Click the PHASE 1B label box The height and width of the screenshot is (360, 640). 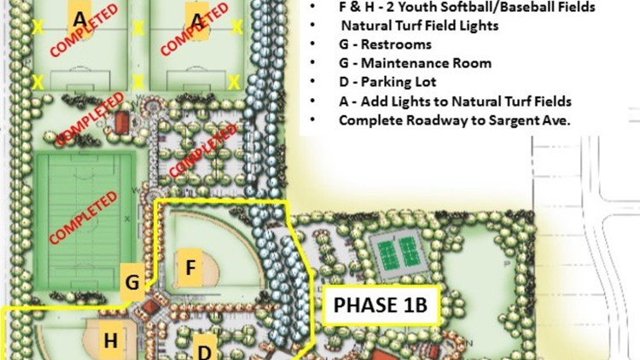pyautogui.click(x=380, y=305)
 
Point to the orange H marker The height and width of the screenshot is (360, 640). pyautogui.click(x=111, y=340)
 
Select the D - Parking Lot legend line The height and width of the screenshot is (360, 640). pyautogui.click(x=387, y=83)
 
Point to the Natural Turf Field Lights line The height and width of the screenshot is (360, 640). pyautogui.click(x=419, y=26)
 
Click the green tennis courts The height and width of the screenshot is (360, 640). pyautogui.click(x=398, y=252)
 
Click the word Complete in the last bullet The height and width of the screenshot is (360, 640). pyautogui.click(x=369, y=120)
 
